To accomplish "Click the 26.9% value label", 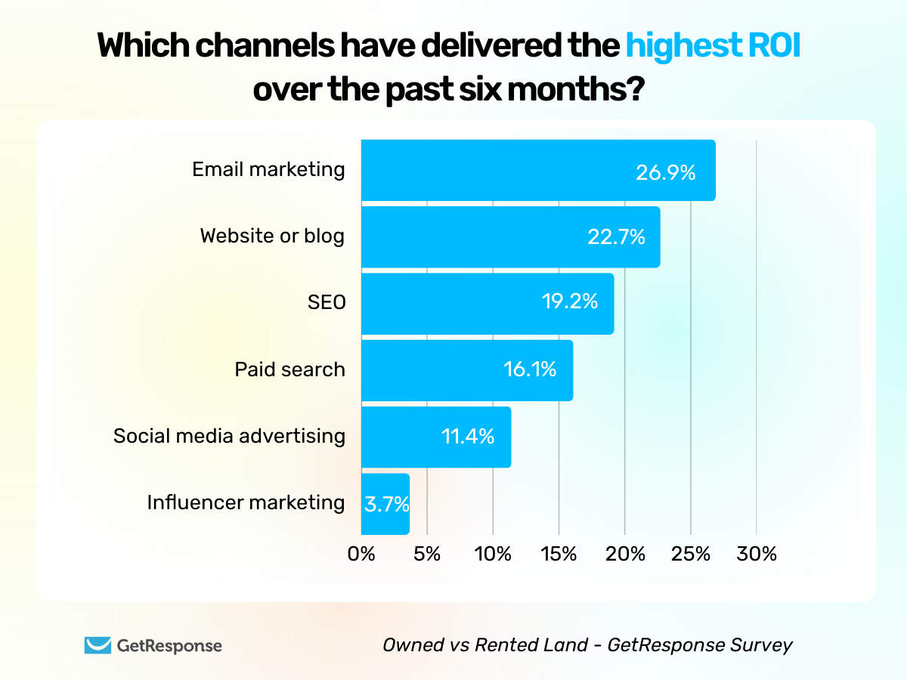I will click(x=665, y=173).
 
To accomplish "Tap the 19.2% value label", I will click(x=569, y=302).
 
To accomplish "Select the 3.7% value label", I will click(x=386, y=504).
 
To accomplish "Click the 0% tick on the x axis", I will click(x=361, y=554).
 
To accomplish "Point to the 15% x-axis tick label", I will click(x=559, y=554).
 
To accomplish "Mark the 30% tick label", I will click(x=757, y=554).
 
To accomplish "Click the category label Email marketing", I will click(x=268, y=169).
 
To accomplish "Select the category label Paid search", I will click(x=289, y=369).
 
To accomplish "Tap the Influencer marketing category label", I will click(x=246, y=502).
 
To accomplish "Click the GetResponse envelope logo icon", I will click(x=98, y=645).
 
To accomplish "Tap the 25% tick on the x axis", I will click(x=691, y=554).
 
